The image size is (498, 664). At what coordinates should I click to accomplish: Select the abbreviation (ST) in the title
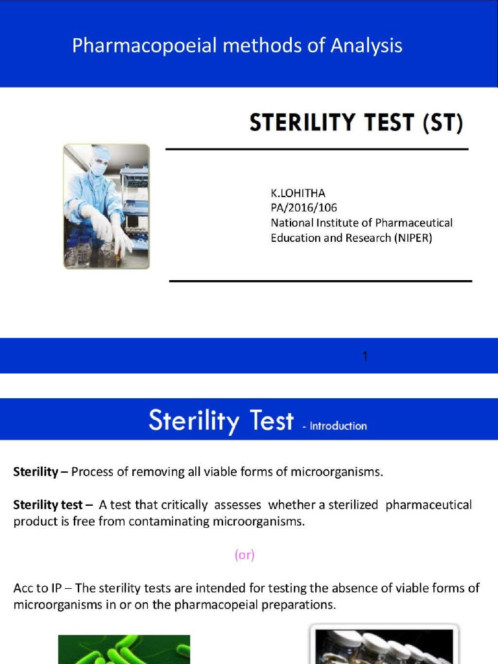tap(443, 123)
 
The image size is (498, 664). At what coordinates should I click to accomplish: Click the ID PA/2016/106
tap(303, 207)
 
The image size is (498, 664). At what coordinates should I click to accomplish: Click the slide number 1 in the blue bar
tap(365, 356)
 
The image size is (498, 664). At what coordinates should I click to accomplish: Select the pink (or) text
tap(244, 555)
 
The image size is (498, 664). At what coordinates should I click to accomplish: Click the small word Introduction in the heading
tap(338, 426)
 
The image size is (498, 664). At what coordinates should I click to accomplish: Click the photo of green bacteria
tap(124, 649)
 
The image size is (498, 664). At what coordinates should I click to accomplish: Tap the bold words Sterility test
tap(48, 504)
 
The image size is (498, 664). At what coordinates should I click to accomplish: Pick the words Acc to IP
tap(42, 588)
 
